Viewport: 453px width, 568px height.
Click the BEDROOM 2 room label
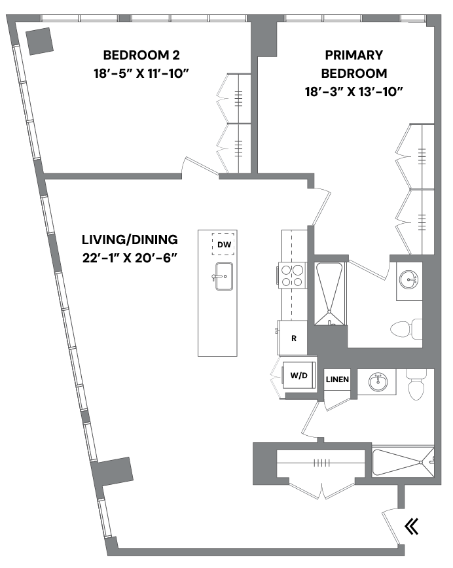(x=141, y=55)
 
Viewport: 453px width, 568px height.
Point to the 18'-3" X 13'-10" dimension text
(x=353, y=91)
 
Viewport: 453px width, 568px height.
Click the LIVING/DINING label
(x=130, y=239)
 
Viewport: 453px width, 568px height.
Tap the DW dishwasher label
(x=224, y=245)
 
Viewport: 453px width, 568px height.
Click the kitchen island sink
(x=223, y=276)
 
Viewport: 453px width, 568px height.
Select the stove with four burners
(x=293, y=275)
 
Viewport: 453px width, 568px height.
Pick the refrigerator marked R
(x=294, y=338)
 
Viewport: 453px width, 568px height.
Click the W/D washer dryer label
(x=299, y=376)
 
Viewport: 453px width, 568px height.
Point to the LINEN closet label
(x=338, y=380)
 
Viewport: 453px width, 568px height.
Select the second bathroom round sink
(x=378, y=382)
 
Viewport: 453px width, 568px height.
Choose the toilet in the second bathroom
(x=417, y=385)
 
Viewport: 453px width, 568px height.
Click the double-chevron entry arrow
(x=411, y=526)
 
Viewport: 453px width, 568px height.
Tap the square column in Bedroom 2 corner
(x=39, y=41)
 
